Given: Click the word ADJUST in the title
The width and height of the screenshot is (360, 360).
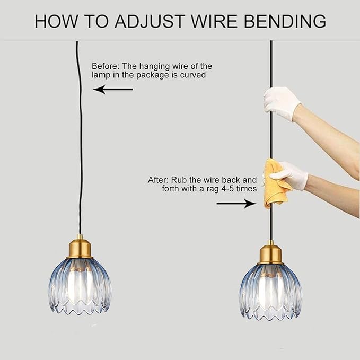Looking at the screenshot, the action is (x=150, y=21).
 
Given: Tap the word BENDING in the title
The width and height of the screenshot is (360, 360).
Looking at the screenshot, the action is (x=285, y=21).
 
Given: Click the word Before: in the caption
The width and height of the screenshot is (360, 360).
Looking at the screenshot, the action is (x=106, y=66).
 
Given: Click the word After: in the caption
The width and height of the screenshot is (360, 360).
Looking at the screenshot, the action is (x=157, y=180).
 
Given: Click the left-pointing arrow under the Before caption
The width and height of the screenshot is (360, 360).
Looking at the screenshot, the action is (x=113, y=89).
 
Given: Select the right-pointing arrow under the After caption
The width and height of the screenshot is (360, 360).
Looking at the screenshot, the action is (x=236, y=204).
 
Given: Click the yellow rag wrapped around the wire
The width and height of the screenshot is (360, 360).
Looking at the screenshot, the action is (x=275, y=183).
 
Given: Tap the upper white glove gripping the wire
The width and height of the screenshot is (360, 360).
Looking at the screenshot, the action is (x=282, y=103).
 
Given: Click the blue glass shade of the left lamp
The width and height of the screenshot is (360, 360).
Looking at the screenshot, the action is (x=80, y=286).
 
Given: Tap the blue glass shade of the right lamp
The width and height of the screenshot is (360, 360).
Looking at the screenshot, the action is (x=271, y=292).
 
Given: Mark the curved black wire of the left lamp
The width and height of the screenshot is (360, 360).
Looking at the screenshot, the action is (x=81, y=138).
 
